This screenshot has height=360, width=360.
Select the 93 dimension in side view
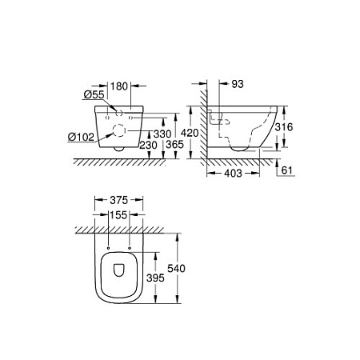pyautogui.click(x=238, y=83)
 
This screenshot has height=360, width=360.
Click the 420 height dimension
pyautogui.click(x=187, y=133)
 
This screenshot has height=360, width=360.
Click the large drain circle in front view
pyautogui.click(x=120, y=130)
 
